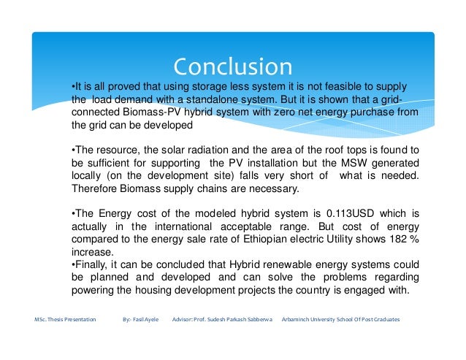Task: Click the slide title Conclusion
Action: [x=233, y=66]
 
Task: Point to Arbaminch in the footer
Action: [x=297, y=321]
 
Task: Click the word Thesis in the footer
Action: [x=61, y=321]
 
